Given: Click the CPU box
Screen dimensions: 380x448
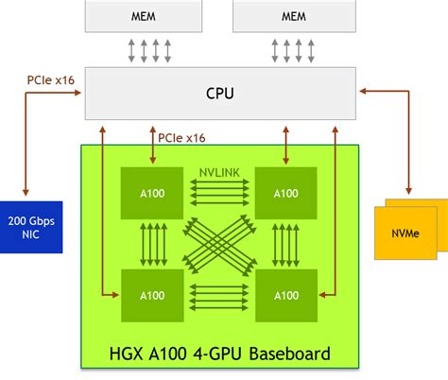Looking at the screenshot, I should (x=220, y=93).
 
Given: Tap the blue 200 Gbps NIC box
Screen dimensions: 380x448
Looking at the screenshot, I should (x=31, y=226).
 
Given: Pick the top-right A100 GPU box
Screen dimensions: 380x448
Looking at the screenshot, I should (x=285, y=193).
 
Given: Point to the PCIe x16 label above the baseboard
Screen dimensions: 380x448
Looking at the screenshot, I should (x=181, y=137).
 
